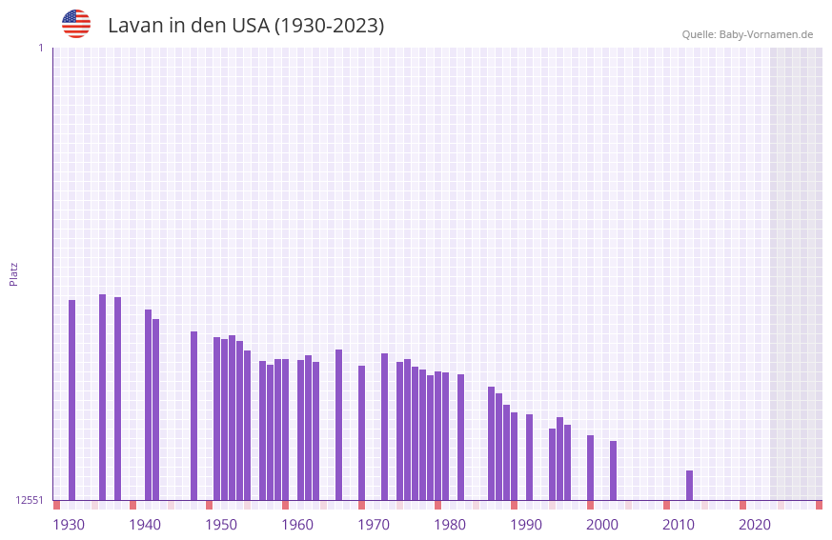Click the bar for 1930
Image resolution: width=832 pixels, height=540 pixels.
pyautogui.click(x=71, y=400)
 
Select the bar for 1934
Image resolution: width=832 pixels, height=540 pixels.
pyautogui.click(x=102, y=397)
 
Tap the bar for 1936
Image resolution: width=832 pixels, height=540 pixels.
pyautogui.click(x=117, y=398)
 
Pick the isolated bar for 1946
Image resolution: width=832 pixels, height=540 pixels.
pyautogui.click(x=193, y=415)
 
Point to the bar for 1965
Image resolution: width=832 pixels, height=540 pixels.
pyautogui.click(x=338, y=425)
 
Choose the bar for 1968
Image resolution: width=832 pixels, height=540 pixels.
pyautogui.click(x=361, y=432)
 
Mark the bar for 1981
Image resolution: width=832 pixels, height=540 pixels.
pyautogui.click(x=460, y=437)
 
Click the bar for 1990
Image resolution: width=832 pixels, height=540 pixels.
pyautogui.click(x=529, y=457)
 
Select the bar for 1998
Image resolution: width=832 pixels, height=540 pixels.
pyautogui.click(x=590, y=468)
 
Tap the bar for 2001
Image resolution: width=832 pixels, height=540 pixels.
pyautogui.click(x=613, y=470)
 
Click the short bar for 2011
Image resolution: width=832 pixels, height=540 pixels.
pyautogui.click(x=689, y=485)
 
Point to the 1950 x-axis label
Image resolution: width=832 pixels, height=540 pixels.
pyautogui.click(x=221, y=525)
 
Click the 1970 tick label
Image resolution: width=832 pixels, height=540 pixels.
pyautogui.click(x=374, y=525)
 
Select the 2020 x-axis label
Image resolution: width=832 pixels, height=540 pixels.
pyautogui.click(x=755, y=525)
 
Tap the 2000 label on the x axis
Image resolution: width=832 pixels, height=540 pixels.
pyautogui.click(x=602, y=525)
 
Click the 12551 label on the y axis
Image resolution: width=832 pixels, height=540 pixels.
pyautogui.click(x=30, y=500)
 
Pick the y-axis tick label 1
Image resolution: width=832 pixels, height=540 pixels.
pyautogui.click(x=40, y=48)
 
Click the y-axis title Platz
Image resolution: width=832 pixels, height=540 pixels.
pyautogui.click(x=13, y=273)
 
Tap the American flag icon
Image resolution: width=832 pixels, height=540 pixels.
pyautogui.click(x=76, y=24)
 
